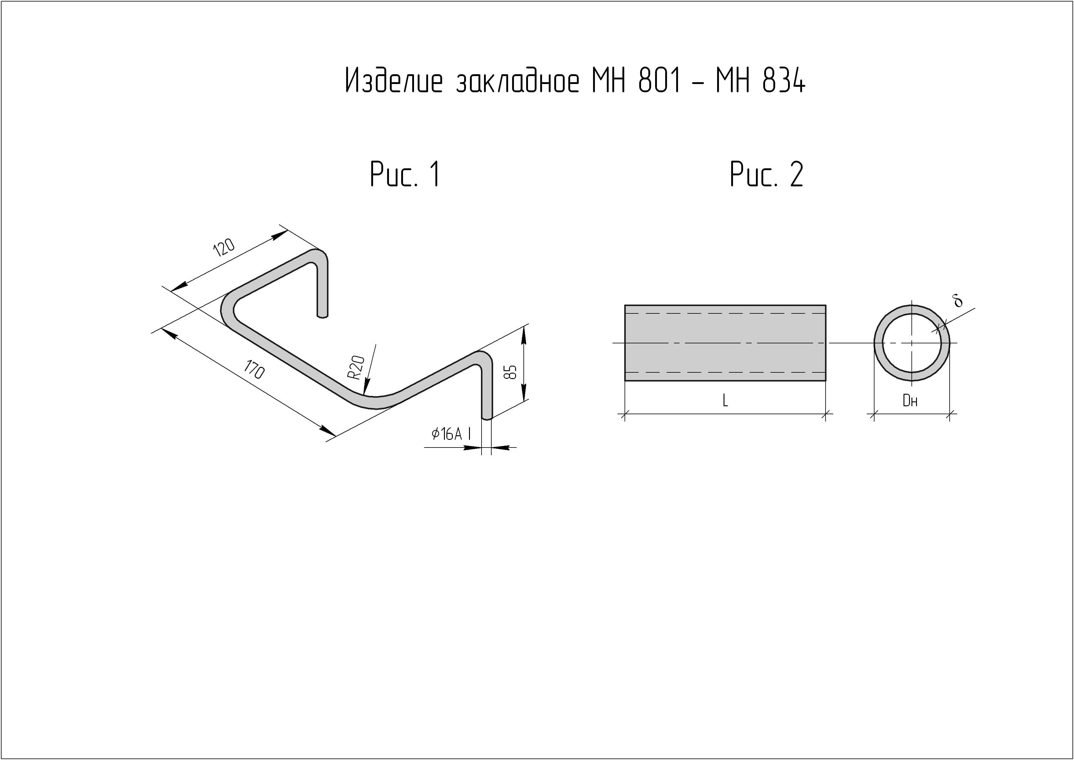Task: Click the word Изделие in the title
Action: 394,81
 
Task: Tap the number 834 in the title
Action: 784,81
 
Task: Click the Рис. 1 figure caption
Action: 405,174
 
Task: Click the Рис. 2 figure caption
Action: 767,174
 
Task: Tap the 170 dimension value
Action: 254,370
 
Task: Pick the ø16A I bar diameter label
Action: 451,434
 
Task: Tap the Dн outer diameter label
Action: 910,400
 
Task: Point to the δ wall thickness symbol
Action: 958,301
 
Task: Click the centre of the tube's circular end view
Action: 912,343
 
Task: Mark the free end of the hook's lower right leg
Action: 487,416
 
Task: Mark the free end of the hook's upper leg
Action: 322,315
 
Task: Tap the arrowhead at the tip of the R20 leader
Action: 365,391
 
